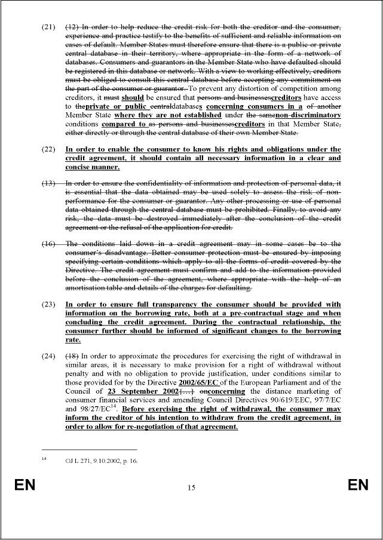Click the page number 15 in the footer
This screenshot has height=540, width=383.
[x=191, y=488]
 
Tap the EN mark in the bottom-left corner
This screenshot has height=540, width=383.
[x=25, y=485]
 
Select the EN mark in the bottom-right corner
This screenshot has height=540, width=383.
[x=358, y=485]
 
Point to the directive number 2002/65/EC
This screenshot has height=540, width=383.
[x=203, y=383]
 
